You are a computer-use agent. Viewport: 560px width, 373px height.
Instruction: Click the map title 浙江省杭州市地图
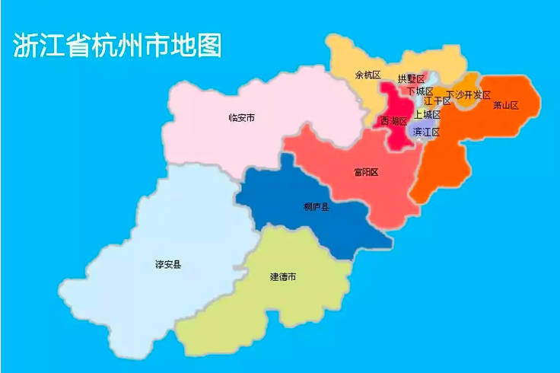(118, 46)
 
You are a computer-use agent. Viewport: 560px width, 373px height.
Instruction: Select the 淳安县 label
(168, 264)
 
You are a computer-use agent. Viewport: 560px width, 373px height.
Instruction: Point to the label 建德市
(283, 276)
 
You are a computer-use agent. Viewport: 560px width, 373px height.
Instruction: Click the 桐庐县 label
(316, 206)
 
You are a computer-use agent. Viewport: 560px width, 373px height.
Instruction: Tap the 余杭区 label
(367, 75)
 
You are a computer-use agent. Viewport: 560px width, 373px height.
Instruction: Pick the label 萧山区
(505, 105)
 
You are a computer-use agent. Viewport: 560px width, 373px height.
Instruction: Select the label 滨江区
(426, 132)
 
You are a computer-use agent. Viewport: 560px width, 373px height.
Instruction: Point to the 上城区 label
(428, 114)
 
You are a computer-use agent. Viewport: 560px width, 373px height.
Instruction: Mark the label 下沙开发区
(468, 95)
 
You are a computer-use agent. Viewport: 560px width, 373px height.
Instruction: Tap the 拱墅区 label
(411, 78)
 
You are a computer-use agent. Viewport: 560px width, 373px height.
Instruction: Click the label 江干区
(437, 101)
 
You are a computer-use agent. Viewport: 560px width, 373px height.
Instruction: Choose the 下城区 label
(420, 91)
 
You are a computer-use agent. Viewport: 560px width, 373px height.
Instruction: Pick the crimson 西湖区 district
(397, 137)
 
